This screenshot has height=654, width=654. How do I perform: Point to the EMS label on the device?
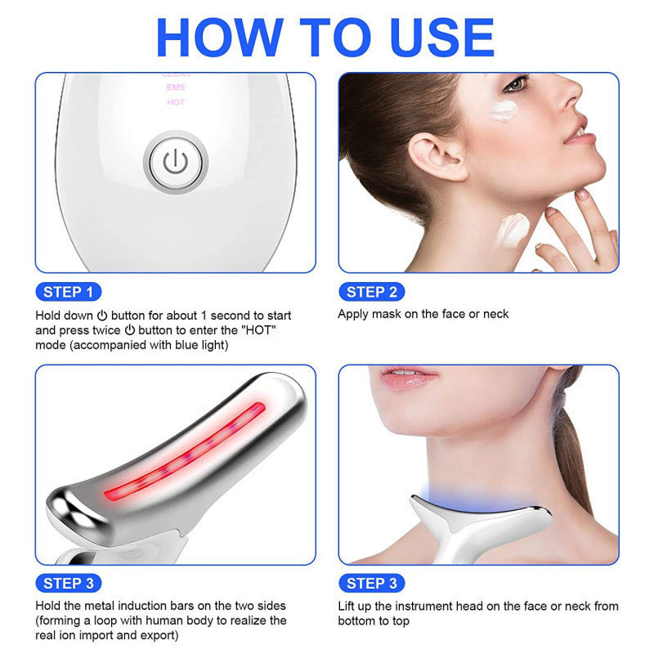176,87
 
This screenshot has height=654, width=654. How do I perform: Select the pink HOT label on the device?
176,102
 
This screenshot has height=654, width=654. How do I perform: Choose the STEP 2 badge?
371,292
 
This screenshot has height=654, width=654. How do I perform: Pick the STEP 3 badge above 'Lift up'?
371,583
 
